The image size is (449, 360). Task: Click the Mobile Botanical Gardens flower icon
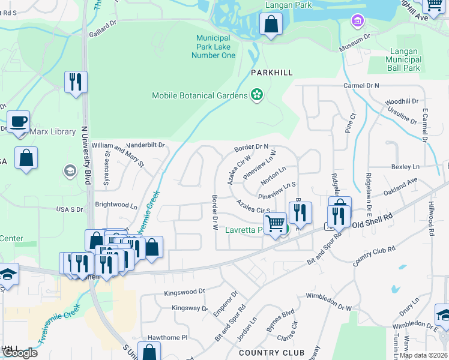(x=257, y=95)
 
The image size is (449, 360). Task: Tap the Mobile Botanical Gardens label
(x=199, y=95)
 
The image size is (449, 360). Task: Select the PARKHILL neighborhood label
(x=272, y=72)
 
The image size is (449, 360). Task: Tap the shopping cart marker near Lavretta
(x=275, y=224)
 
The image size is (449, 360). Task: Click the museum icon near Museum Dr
(x=358, y=22)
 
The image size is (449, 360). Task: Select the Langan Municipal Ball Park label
(x=403, y=60)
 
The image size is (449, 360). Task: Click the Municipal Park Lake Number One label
(x=213, y=46)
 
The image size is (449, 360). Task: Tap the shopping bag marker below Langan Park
(x=271, y=25)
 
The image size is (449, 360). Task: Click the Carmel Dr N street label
(x=362, y=86)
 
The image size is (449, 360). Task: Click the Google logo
(x=19, y=353)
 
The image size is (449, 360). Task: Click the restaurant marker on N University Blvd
(x=76, y=82)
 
